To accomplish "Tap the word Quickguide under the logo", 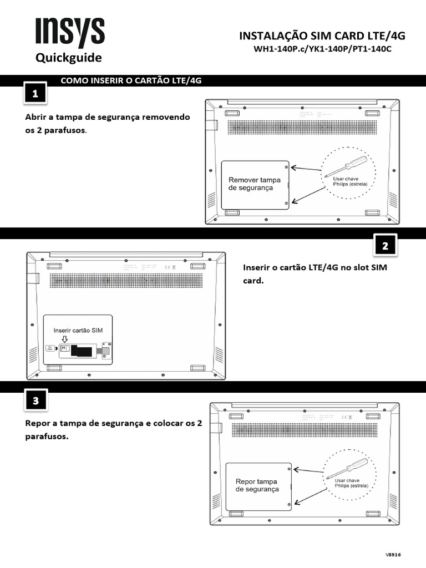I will tap(69, 58).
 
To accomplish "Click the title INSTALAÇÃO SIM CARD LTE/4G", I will tap(322, 36).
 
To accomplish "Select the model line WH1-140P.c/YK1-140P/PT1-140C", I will tap(322, 49).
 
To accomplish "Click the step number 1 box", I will tap(35, 94).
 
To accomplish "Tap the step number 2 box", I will tap(385, 246).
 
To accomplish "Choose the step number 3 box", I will tap(35, 402).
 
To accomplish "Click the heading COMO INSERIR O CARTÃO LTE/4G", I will tap(130, 80).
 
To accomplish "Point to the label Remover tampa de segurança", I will tap(255, 184).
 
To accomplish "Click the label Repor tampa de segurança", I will tap(257, 485).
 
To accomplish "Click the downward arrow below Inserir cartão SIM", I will tap(64, 339).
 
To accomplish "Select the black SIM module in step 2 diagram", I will tap(83, 351).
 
